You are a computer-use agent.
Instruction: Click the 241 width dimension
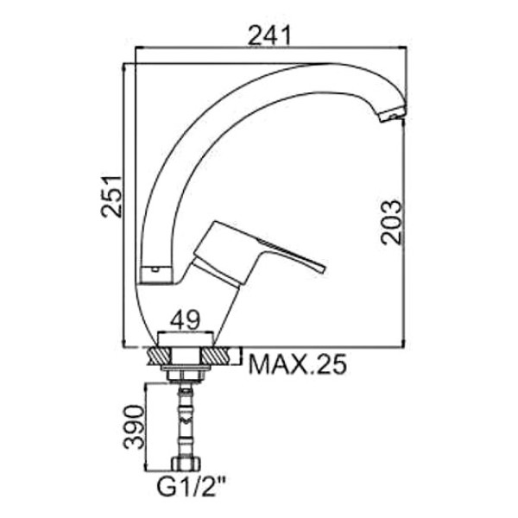coord(269,35)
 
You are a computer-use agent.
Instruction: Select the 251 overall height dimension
coord(111,197)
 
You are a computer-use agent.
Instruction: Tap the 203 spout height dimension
coord(391,222)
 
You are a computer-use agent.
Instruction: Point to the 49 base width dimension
coord(185,319)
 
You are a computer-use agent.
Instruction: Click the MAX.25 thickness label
coord(298,363)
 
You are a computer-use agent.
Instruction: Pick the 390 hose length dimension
coord(134,426)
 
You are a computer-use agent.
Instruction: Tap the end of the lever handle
coord(321,268)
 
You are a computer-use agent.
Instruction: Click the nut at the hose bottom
coord(186,463)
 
